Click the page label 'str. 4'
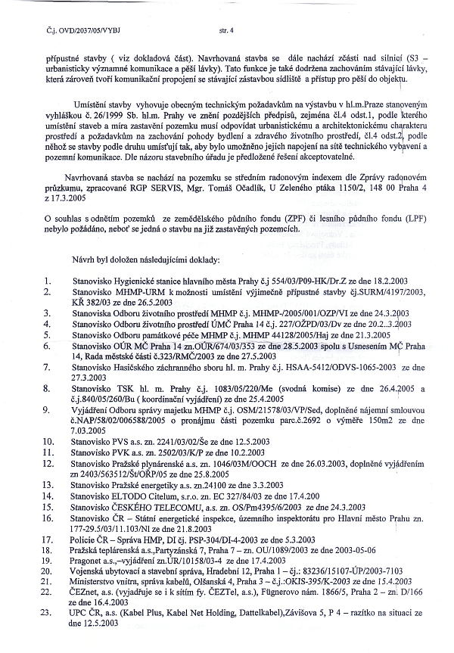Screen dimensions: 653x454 (226, 31)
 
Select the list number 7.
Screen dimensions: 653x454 (47, 366)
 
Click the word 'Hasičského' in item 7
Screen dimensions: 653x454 (137, 366)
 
